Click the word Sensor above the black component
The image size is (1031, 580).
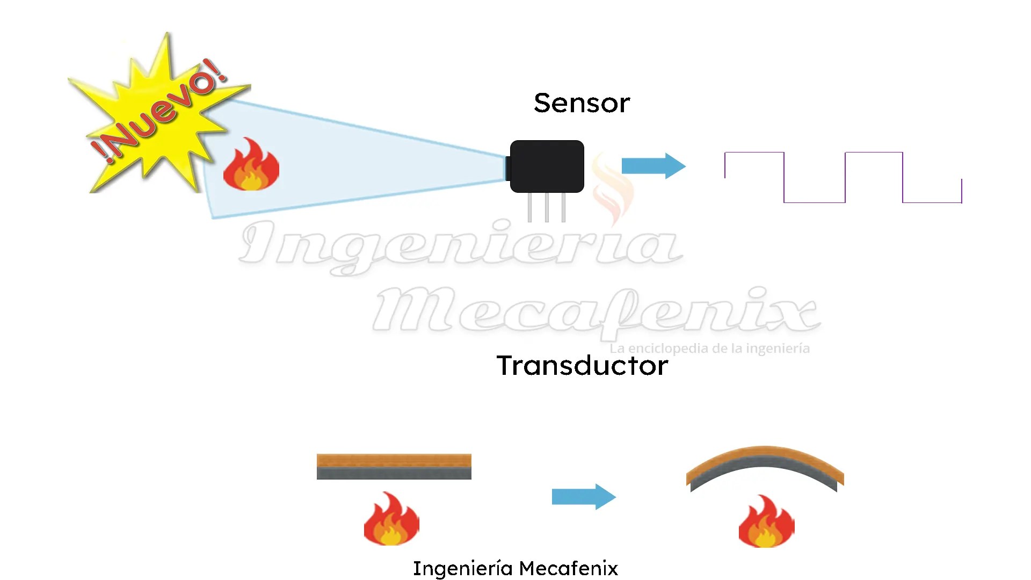point(582,103)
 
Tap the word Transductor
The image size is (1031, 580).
point(582,366)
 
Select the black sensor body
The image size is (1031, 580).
point(547,166)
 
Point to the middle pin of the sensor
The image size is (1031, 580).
point(547,207)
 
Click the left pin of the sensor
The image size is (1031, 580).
point(529,207)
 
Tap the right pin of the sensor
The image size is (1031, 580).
point(563,207)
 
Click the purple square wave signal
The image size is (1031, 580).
point(843,178)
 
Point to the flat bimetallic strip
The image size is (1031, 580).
point(394,466)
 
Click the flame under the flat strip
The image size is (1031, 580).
point(391,519)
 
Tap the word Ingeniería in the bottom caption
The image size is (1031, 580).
point(462,568)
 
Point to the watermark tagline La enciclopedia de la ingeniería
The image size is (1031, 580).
point(709,349)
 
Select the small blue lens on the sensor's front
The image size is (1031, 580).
point(507,168)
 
